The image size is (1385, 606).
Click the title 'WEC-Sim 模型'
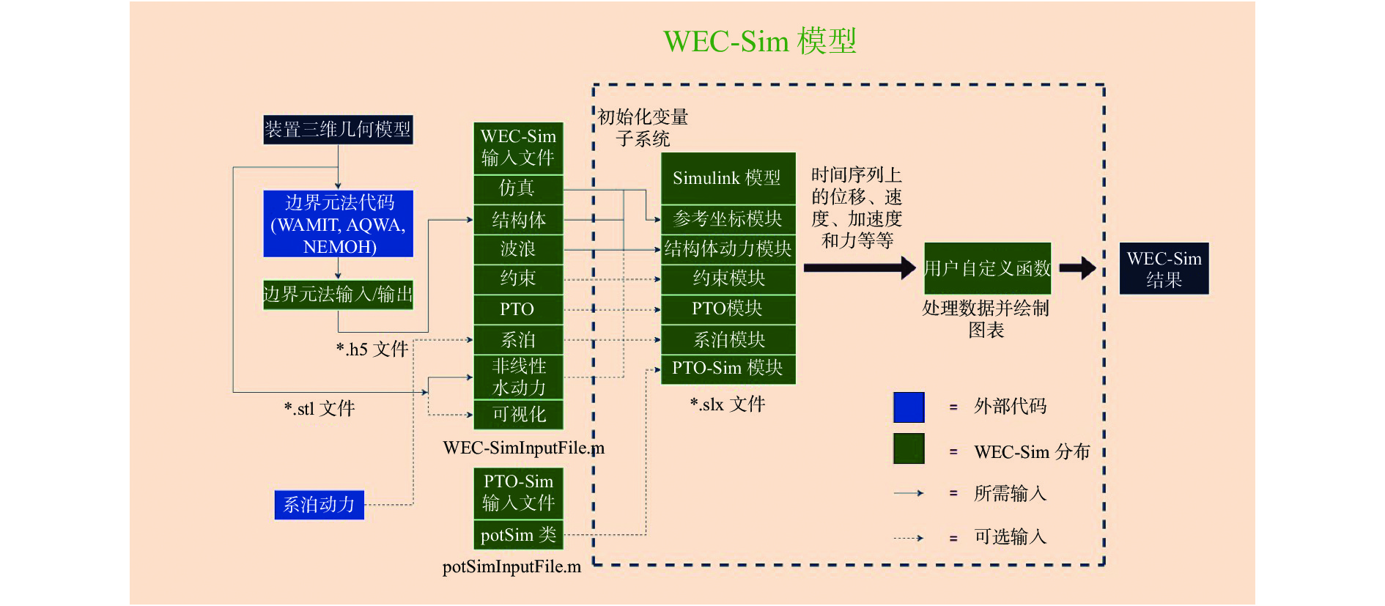click(x=759, y=41)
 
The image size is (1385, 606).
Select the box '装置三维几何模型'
click(x=338, y=130)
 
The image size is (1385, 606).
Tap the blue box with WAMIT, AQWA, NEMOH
click(x=338, y=224)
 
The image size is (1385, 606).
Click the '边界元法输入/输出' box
click(x=338, y=295)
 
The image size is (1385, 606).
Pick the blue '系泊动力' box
click(x=319, y=504)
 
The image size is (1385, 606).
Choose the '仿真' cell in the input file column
click(x=518, y=189)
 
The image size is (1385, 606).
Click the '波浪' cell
click(x=518, y=249)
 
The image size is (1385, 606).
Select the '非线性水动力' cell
click(x=518, y=377)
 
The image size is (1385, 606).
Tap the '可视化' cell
click(x=518, y=415)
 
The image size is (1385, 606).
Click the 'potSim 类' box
click(x=518, y=535)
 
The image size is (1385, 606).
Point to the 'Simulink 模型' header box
click(x=728, y=178)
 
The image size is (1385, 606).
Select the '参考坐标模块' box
click(x=728, y=219)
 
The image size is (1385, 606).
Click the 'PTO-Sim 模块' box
click(x=728, y=369)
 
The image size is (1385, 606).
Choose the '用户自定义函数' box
click(x=987, y=268)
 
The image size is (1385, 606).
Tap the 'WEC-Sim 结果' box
click(x=1164, y=269)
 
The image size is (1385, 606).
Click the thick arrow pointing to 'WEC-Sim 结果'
click(x=1078, y=268)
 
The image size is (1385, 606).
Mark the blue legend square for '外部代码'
click(x=909, y=407)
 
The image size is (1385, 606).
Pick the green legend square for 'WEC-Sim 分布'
click(x=909, y=448)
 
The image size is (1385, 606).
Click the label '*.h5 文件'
click(x=372, y=350)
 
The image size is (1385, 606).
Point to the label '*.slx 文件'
click(x=728, y=404)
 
